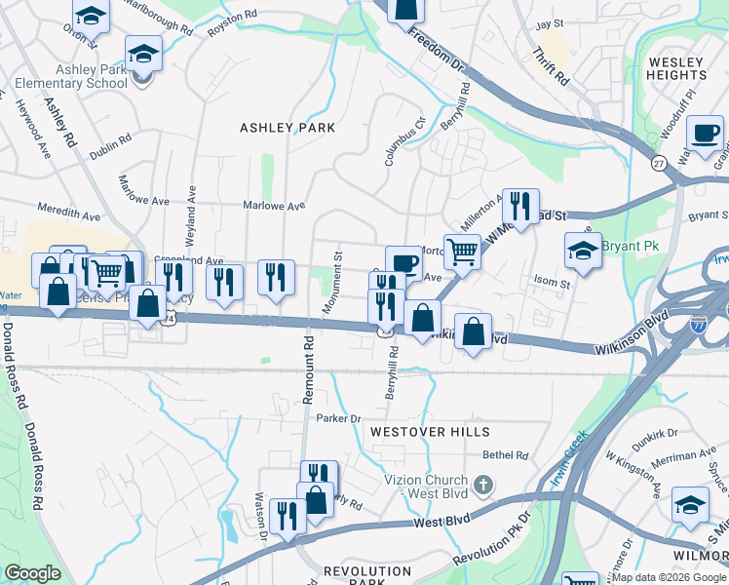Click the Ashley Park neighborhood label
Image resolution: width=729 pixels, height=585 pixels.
288,128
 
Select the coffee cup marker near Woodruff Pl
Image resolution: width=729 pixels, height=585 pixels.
705,133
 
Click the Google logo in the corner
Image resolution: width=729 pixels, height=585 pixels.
32,573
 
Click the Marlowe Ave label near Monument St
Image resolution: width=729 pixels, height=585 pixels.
281,206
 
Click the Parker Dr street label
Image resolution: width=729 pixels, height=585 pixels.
338,417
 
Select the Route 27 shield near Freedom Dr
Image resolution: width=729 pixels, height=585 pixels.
659,163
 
